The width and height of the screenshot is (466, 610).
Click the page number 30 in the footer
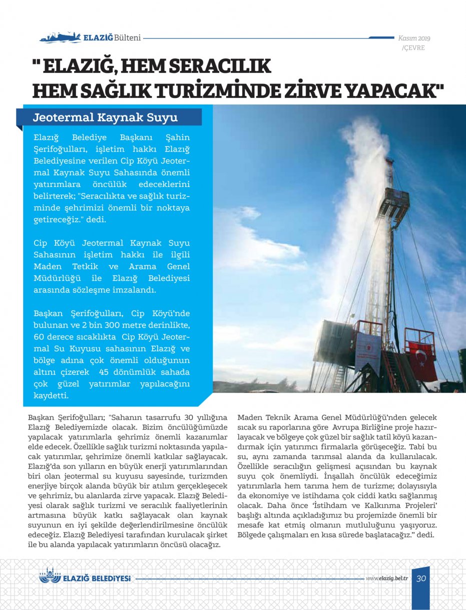pyautogui.click(x=421, y=578)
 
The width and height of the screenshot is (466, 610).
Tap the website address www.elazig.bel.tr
pyautogui.click(x=387, y=578)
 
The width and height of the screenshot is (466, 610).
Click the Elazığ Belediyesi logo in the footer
pyautogui.click(x=85, y=577)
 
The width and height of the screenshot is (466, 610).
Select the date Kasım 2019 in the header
pyautogui.click(x=414, y=38)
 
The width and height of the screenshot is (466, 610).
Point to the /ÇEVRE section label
pyautogui.click(x=413, y=48)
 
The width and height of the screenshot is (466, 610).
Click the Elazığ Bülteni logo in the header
pyautogui.click(x=90, y=37)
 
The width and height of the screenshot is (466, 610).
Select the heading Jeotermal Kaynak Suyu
pyautogui.click(x=105, y=118)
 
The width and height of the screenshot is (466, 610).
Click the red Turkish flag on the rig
pyautogui.click(x=422, y=359)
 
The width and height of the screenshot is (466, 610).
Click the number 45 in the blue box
pyautogui.click(x=104, y=372)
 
